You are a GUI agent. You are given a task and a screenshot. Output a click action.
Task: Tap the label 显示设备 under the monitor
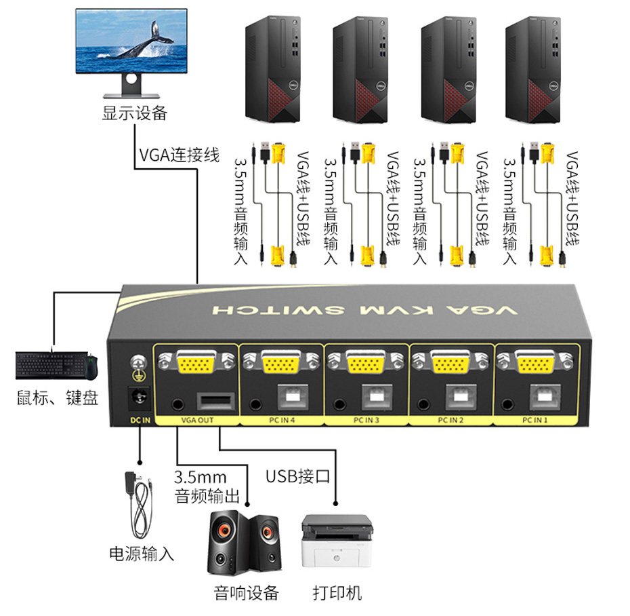pyautogui.click(x=134, y=113)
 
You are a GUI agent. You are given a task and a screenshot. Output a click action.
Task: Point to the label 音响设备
pyautogui.click(x=246, y=593)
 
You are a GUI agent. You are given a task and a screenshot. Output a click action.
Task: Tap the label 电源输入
pyautogui.click(x=142, y=554)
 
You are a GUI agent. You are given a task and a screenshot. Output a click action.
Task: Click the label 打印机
pyautogui.click(x=337, y=593)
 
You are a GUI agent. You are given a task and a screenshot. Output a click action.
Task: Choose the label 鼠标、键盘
pyautogui.click(x=58, y=398)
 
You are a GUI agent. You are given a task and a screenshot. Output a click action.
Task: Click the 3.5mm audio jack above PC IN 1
pyautogui.click(x=508, y=405)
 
